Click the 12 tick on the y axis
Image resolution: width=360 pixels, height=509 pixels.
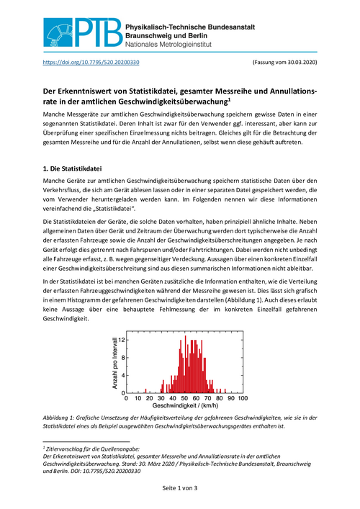click(x=122, y=338)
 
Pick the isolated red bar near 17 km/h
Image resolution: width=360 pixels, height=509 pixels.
click(x=148, y=389)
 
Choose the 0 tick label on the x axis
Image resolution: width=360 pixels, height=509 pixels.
click(x=127, y=398)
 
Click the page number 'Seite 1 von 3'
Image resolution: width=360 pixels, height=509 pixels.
click(x=179, y=489)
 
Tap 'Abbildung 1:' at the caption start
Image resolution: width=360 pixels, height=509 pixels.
click(x=62, y=417)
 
